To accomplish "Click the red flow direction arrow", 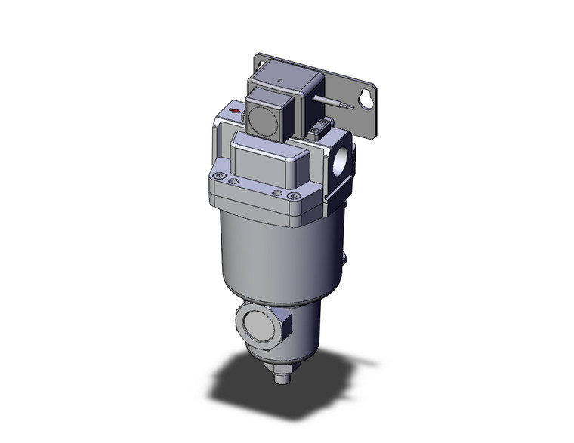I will [x=236, y=112].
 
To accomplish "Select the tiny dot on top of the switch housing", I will [x=281, y=78].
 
